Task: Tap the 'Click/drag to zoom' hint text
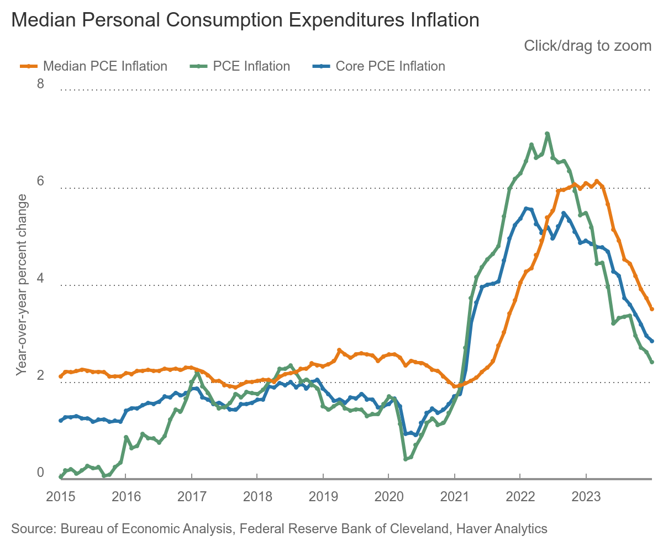click(x=587, y=46)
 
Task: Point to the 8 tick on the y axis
click(x=40, y=84)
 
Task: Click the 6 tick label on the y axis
click(x=40, y=182)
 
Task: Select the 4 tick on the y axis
click(x=40, y=279)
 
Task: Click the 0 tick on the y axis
click(x=40, y=473)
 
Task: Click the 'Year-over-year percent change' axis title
click(x=22, y=285)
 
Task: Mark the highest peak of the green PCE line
click(x=547, y=134)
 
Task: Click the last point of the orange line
click(x=652, y=309)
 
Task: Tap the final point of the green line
click(x=652, y=362)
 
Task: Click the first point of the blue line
click(x=60, y=421)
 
